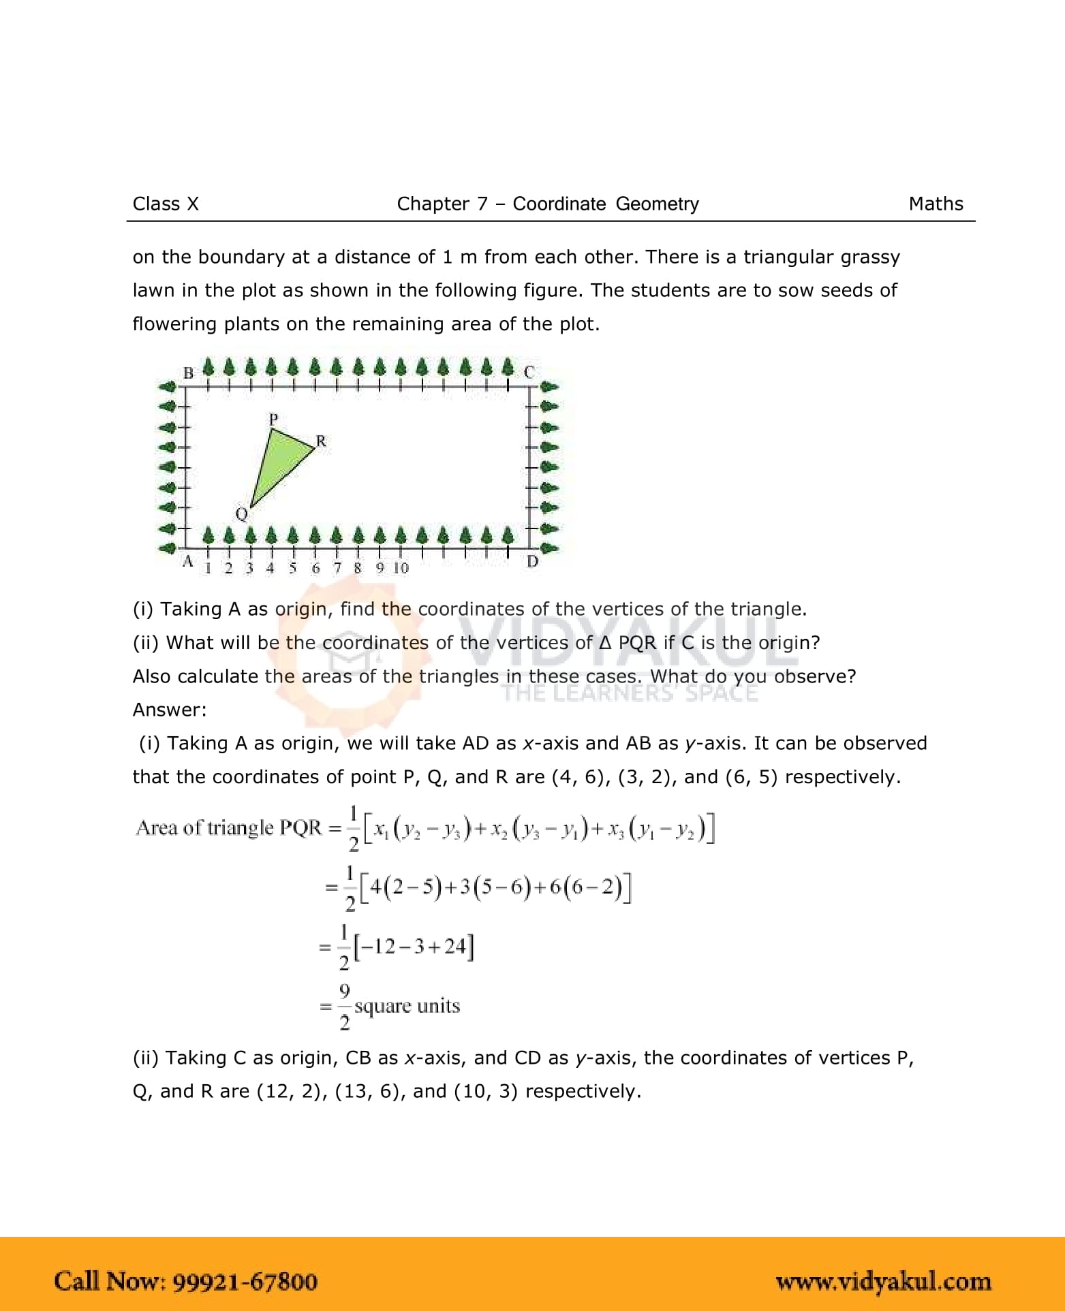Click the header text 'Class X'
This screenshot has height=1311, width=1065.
(x=166, y=204)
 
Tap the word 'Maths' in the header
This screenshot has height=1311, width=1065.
(x=936, y=204)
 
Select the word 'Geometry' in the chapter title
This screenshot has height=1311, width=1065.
(x=657, y=204)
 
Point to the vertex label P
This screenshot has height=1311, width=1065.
(x=273, y=418)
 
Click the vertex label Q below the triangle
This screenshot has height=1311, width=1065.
(x=241, y=514)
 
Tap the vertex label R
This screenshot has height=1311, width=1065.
(x=321, y=441)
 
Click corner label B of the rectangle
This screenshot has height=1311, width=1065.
(x=189, y=373)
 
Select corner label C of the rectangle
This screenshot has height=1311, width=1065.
(x=529, y=373)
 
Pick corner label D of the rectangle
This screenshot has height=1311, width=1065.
(x=533, y=561)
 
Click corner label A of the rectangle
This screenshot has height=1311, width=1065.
(x=187, y=561)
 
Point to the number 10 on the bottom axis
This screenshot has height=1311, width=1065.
(x=401, y=567)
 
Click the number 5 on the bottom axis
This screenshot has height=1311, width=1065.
(x=293, y=567)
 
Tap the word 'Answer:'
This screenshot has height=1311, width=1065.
(x=170, y=710)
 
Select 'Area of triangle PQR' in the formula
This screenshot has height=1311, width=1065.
(x=228, y=828)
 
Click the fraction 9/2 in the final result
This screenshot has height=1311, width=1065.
(x=345, y=1007)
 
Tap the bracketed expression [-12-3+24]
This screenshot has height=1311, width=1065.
(x=416, y=946)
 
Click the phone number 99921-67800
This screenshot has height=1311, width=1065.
(x=245, y=1280)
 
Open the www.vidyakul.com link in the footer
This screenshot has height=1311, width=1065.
(x=884, y=1282)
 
